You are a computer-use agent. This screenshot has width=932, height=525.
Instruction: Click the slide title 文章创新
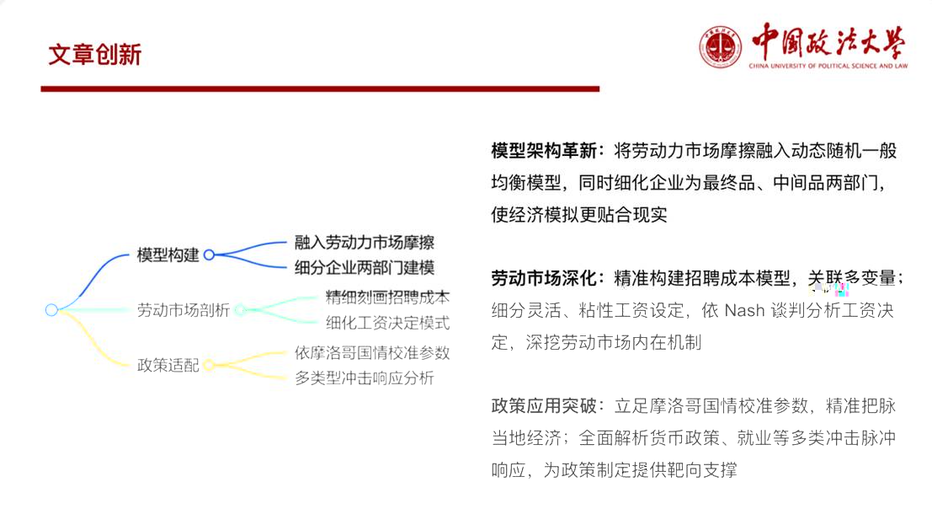(x=94, y=55)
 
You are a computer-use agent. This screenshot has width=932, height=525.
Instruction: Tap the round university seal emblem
(x=720, y=47)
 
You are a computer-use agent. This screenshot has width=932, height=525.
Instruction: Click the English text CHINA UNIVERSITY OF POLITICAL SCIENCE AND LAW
(x=828, y=66)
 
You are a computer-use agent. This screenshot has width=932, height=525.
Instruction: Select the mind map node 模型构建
(x=168, y=254)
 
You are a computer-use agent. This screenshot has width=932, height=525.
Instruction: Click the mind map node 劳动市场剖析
(x=183, y=310)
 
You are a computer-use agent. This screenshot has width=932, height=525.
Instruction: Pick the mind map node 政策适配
(x=168, y=365)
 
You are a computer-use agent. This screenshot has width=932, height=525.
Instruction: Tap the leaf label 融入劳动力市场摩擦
(x=365, y=242)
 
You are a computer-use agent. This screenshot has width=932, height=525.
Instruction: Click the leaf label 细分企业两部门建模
(x=365, y=268)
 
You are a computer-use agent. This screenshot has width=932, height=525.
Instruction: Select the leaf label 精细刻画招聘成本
(x=387, y=297)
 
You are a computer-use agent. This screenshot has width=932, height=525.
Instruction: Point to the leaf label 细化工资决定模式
(x=387, y=323)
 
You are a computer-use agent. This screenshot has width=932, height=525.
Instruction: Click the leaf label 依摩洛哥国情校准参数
(x=372, y=352)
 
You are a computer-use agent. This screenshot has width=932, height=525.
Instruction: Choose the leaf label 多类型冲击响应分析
(x=365, y=378)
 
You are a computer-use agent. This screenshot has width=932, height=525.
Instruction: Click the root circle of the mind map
(x=51, y=310)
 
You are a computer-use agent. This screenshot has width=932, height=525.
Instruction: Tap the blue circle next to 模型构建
(x=209, y=254)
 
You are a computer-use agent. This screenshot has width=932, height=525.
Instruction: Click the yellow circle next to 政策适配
(x=209, y=365)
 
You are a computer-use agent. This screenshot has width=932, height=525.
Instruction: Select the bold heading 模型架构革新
(x=544, y=151)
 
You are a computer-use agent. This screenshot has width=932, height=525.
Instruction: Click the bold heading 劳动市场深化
(x=544, y=278)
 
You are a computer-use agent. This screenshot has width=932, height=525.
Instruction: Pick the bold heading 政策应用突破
(x=544, y=406)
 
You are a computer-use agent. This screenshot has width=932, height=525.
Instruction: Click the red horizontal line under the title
(x=320, y=88)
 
